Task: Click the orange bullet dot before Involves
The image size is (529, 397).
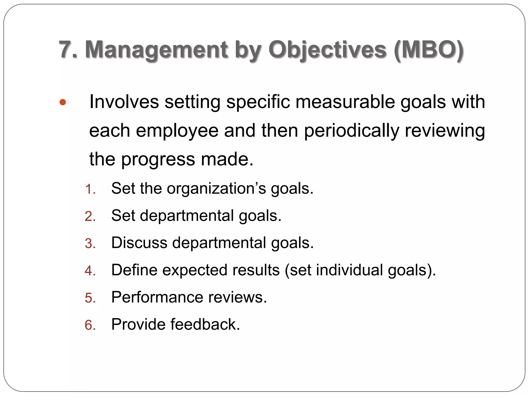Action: [x=63, y=102]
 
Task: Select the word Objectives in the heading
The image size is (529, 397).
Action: [x=327, y=50]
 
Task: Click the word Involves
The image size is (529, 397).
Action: [x=124, y=102]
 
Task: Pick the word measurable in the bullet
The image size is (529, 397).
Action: [x=345, y=102]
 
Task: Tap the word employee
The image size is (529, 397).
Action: [x=177, y=131]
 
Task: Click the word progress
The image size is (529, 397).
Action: [x=158, y=159]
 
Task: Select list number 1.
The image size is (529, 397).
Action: [x=90, y=189]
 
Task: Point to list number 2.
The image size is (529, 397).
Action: [x=90, y=216]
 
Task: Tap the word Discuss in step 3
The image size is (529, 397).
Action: [x=139, y=243]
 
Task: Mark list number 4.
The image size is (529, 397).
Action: [x=90, y=271]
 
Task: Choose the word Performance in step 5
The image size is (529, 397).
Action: [x=157, y=297]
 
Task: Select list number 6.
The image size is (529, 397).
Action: [x=90, y=325]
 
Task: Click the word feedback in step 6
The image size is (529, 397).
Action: [x=205, y=324]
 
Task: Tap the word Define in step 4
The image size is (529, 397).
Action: [x=134, y=270]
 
